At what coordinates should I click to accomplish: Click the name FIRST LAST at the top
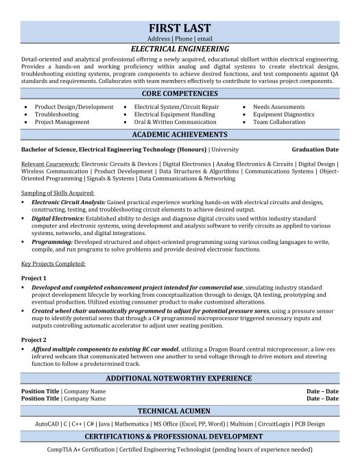pyautogui.click(x=180, y=27)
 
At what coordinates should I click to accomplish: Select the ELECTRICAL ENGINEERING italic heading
pyautogui.click(x=180, y=49)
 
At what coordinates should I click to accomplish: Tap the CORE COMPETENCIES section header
pyautogui.click(x=180, y=93)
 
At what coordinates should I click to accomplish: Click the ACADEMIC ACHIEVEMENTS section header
pyautogui.click(x=180, y=134)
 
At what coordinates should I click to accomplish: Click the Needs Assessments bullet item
pyautogui.click(x=279, y=107)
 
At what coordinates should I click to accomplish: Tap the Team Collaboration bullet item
pyautogui.click(x=280, y=122)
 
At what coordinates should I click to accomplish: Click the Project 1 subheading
pyautogui.click(x=34, y=278)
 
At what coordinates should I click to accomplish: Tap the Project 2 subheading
pyautogui.click(x=34, y=339)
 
